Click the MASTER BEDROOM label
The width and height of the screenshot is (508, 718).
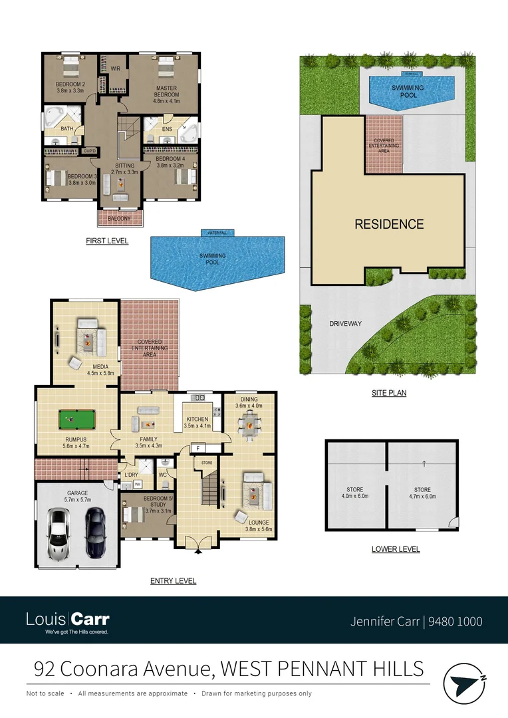(x=166, y=91)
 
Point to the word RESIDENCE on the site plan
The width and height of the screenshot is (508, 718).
(x=389, y=224)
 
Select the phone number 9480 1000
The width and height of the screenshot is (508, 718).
(x=455, y=622)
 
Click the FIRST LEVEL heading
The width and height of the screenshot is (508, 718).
(x=107, y=241)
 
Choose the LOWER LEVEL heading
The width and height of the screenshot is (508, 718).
(x=396, y=549)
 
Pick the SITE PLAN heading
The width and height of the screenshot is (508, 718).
(x=389, y=393)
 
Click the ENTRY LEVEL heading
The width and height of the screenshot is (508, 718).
(x=173, y=580)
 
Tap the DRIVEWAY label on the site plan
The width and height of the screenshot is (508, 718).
(x=345, y=324)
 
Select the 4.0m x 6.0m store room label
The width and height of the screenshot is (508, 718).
(x=355, y=493)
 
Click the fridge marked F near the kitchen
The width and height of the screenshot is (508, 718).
(x=198, y=447)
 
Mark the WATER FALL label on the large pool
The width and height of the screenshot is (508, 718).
(x=217, y=233)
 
